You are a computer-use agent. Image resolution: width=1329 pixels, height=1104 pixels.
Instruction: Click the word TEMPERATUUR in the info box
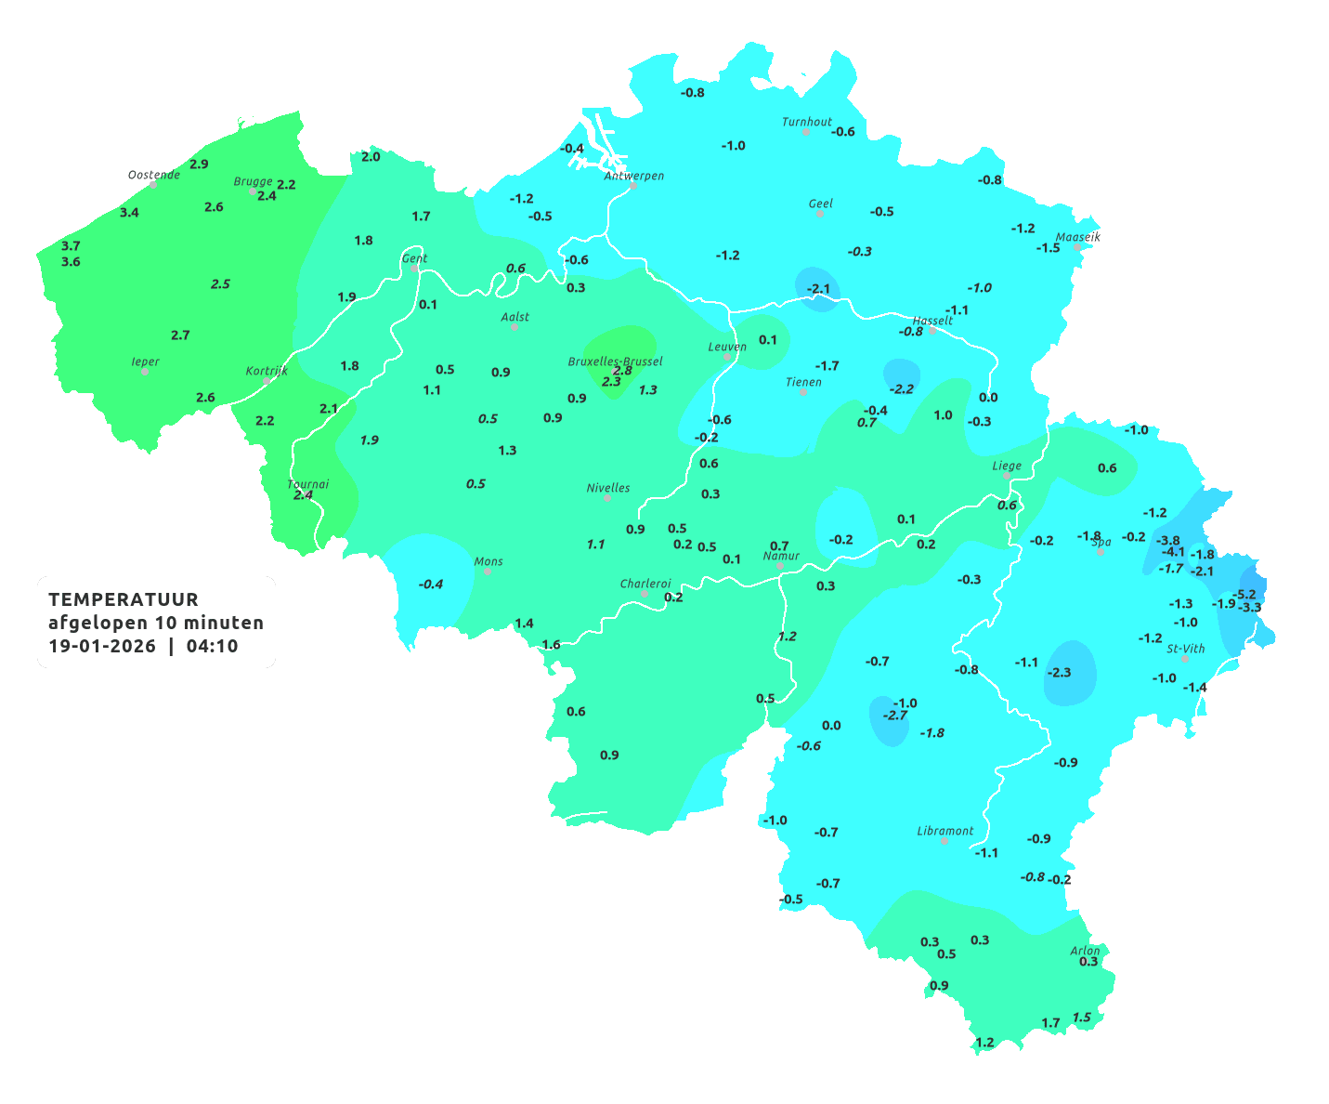(124, 599)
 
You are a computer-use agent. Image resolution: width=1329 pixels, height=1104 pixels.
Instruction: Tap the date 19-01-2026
(102, 647)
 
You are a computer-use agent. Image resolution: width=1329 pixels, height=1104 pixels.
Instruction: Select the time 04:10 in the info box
(212, 647)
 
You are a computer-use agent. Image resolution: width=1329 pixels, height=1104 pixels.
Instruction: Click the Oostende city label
(153, 175)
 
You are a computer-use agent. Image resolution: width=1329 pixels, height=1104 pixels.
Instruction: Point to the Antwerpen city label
(634, 176)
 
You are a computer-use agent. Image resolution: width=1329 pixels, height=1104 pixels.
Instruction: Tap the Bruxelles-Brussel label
(615, 361)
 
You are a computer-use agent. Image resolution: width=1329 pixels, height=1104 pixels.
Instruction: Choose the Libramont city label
(945, 831)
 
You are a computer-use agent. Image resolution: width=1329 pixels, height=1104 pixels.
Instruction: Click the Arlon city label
(1085, 950)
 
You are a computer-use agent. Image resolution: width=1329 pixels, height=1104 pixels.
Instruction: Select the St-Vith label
(1186, 649)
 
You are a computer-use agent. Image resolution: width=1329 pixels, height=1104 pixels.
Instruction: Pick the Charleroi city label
(645, 584)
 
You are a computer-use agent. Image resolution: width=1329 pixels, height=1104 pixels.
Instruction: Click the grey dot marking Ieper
(145, 372)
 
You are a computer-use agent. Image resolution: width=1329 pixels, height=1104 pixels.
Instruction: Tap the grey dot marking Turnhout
(806, 132)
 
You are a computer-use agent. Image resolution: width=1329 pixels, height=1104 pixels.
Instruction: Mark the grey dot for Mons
(488, 572)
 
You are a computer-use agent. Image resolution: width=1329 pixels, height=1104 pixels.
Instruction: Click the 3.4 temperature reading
(129, 213)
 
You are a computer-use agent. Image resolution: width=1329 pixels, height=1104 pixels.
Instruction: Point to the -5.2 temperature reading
(1244, 595)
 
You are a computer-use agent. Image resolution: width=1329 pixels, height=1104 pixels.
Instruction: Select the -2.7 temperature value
(894, 716)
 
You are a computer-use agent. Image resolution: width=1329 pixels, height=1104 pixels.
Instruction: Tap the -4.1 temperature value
(1174, 552)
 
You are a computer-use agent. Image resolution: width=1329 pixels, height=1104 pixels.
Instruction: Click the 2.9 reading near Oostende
(199, 164)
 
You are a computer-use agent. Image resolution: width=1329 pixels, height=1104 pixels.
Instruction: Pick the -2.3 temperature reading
(1059, 673)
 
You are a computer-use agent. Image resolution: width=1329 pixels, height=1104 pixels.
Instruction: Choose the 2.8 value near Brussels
(622, 371)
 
